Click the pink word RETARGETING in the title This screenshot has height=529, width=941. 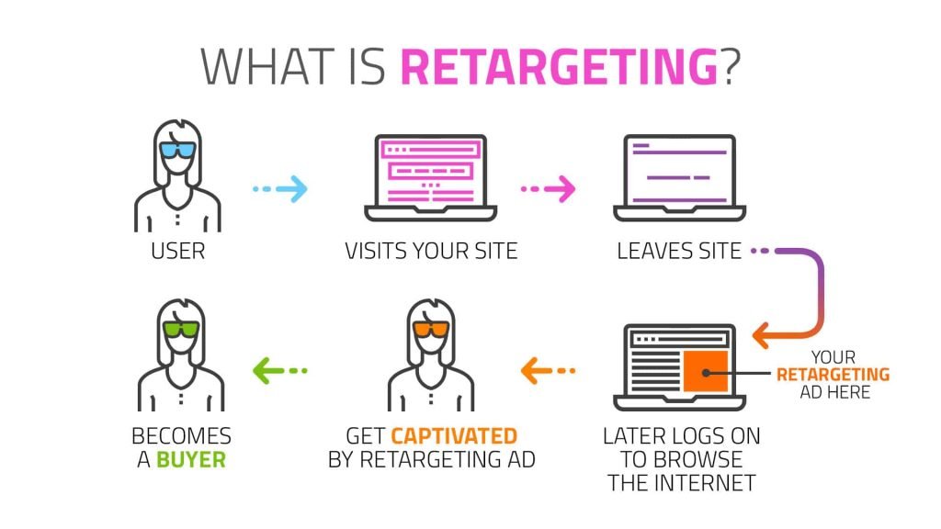coord(559,66)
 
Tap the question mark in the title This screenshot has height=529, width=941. coord(731,66)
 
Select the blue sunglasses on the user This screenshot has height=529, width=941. coord(178,151)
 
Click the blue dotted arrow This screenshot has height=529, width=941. coord(280,190)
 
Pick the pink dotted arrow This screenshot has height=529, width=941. coord(548,190)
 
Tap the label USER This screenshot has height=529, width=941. coord(178,251)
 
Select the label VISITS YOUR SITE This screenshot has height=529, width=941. coord(431,251)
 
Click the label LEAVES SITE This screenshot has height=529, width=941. coord(679,251)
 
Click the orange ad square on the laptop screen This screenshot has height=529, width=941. coord(706,370)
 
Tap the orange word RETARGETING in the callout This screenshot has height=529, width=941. coord(833,375)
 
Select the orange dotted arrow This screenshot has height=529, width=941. coord(548,371)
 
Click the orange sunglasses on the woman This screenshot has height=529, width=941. coord(431,330)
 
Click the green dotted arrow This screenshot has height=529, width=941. coord(280,371)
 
